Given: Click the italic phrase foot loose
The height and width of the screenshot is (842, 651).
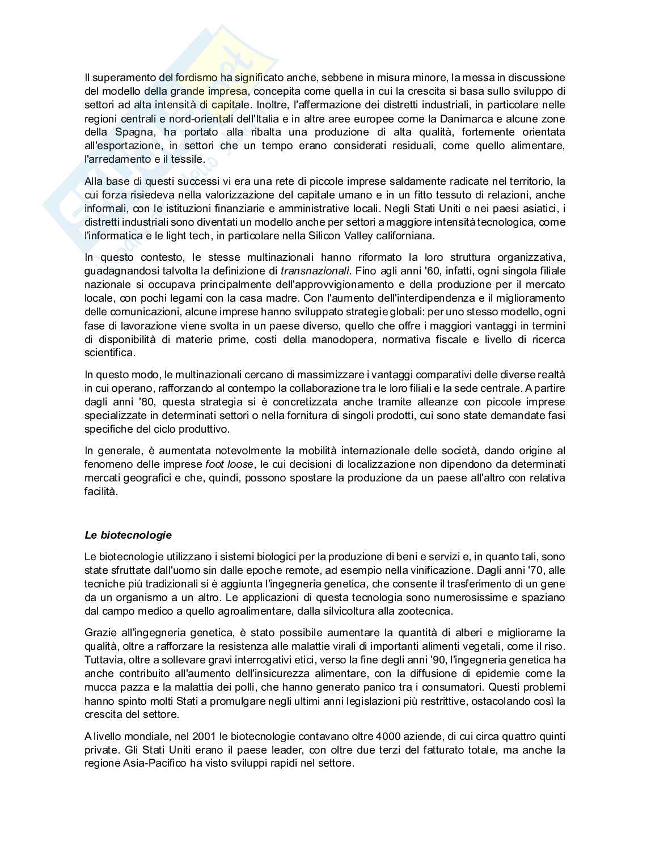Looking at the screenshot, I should (229, 464).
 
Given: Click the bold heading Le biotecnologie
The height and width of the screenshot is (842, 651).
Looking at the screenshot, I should (128, 535).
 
